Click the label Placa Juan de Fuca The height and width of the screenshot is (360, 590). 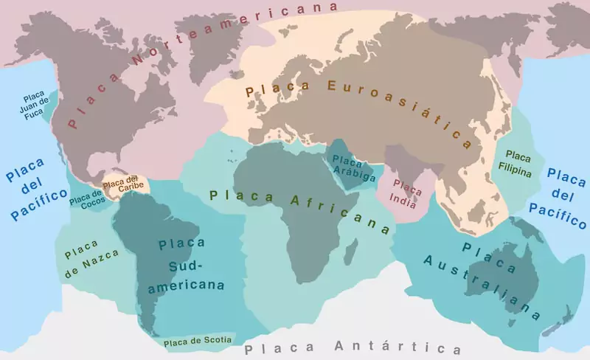pos(35,105)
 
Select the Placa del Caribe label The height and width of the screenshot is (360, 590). pos(121,182)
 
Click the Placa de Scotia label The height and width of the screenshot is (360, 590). pos(198,341)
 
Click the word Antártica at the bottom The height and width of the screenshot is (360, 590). pos(398,347)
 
